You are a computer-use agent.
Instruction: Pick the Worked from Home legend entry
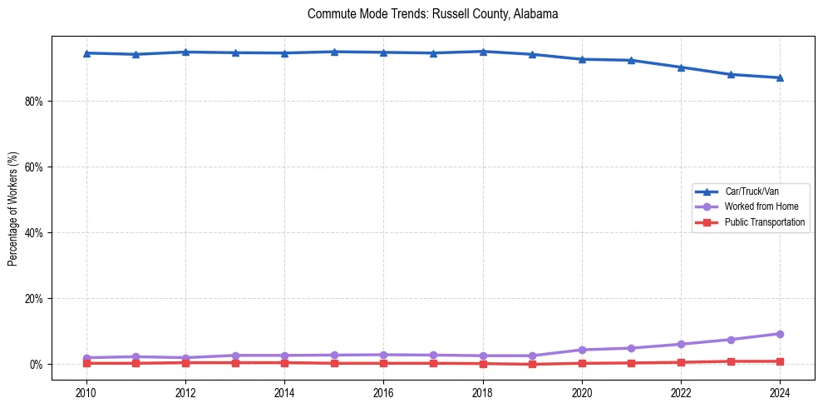coord(761,206)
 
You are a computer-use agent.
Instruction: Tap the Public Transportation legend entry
coord(764,222)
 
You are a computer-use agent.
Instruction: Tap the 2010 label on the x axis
coord(86,392)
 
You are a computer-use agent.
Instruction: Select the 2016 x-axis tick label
coord(383,392)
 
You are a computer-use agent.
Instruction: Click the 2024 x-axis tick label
coord(780,392)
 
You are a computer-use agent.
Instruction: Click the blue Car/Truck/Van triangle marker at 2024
coord(780,77)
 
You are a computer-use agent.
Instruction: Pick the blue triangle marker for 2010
coord(86,53)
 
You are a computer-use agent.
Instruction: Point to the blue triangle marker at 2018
coord(483,52)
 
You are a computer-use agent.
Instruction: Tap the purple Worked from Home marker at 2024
coord(780,334)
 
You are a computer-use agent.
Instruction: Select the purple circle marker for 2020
coord(582,350)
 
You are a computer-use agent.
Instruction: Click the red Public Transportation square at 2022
coord(681,362)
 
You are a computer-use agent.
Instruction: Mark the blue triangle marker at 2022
coord(681,67)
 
